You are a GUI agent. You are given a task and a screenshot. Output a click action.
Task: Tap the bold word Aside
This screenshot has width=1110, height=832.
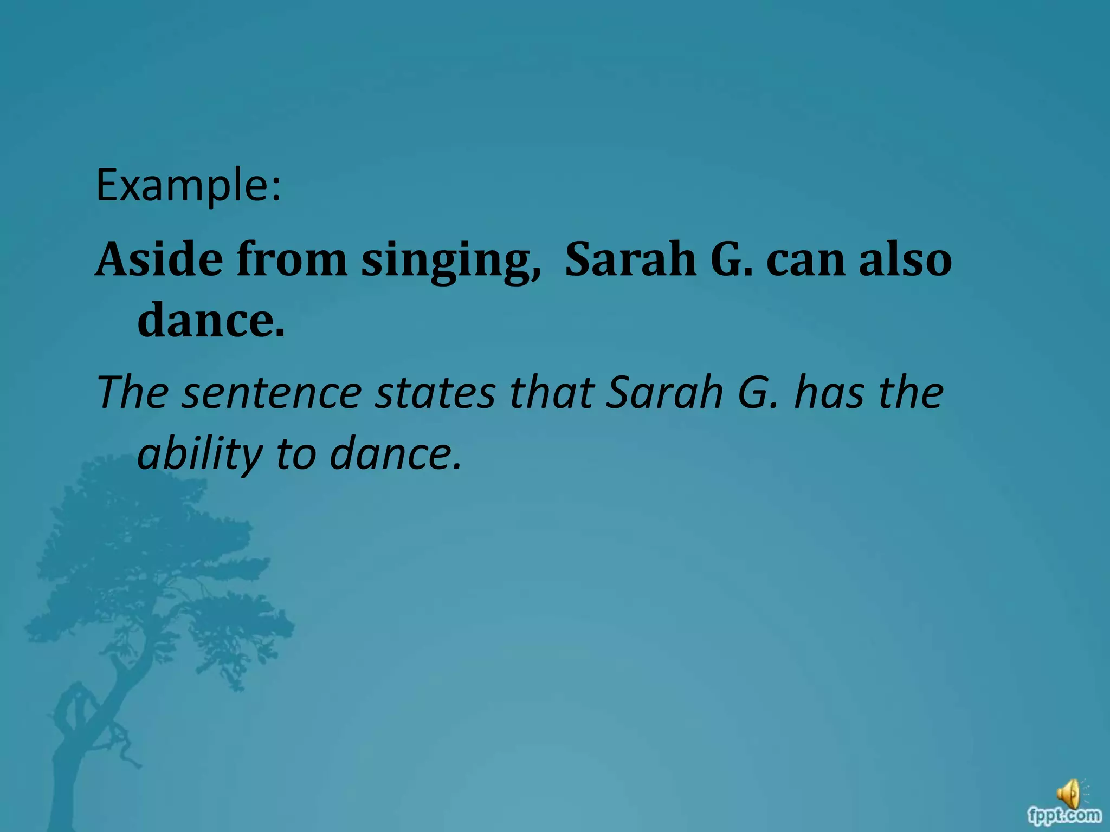[159, 259]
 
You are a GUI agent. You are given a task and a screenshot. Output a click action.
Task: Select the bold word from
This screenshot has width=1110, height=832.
[292, 259]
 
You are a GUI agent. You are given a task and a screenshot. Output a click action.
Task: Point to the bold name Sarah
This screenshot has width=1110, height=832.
[630, 259]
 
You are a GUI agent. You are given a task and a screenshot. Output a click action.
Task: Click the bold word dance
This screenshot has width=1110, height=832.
[211, 320]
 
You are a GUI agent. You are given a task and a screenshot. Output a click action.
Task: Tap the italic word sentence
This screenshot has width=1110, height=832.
[272, 393]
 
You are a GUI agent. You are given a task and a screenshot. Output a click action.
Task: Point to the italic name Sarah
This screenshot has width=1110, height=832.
[664, 393]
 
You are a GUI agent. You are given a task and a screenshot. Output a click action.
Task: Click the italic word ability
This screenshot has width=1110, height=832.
[200, 454]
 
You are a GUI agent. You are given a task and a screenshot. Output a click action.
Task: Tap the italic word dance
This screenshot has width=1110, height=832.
[396, 454]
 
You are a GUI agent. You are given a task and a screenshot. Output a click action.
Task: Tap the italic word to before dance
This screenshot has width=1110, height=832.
[296, 454]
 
